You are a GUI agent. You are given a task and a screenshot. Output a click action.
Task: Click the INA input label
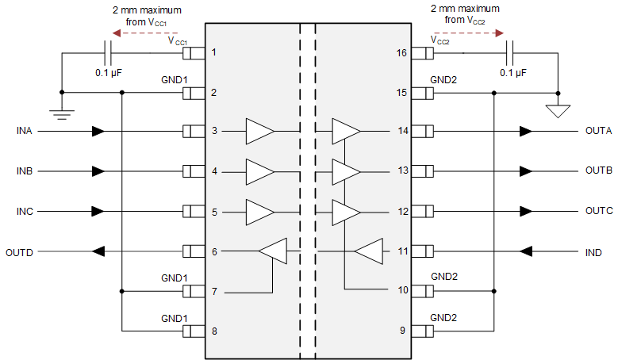click(x=25, y=131)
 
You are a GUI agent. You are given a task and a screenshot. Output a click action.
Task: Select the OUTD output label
click(x=20, y=252)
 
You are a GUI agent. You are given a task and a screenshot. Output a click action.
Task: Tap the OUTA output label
click(x=598, y=131)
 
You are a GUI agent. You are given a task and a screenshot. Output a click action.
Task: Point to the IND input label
click(x=593, y=252)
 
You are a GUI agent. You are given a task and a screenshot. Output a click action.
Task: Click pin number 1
click(x=213, y=53)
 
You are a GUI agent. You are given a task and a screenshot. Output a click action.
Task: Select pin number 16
click(x=401, y=53)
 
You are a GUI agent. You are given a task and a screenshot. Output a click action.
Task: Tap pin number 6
click(x=213, y=252)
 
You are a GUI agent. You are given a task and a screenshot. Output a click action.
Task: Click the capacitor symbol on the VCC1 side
click(x=109, y=53)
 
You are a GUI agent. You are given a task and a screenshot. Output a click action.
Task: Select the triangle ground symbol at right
click(x=559, y=110)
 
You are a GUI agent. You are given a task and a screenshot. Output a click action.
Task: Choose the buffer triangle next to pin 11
click(x=368, y=252)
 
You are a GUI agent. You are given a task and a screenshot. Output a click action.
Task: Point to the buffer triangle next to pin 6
click(x=273, y=251)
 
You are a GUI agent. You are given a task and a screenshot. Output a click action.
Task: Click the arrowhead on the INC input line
click(x=98, y=212)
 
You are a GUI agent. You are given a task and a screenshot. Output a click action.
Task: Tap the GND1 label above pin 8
click(x=175, y=317)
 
